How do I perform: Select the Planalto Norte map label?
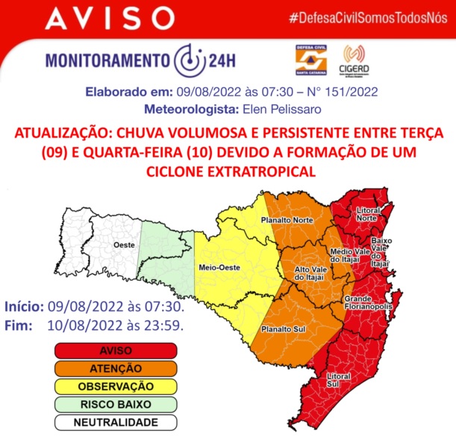[287, 221]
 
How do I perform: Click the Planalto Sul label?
[280, 329]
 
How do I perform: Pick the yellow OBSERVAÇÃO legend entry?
[115, 387]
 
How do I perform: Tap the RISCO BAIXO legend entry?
[115, 405]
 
